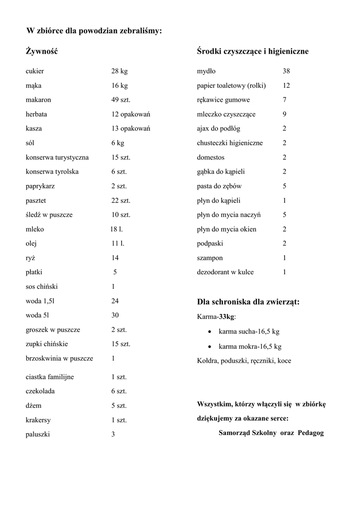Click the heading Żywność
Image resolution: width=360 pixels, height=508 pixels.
point(42,51)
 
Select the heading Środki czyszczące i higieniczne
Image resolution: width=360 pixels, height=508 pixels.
point(253,51)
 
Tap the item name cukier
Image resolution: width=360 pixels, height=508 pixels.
point(35,71)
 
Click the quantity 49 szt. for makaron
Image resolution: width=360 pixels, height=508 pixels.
point(121,100)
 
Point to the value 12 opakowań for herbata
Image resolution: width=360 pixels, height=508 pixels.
point(131,114)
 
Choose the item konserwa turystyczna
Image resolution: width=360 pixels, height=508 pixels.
point(57,157)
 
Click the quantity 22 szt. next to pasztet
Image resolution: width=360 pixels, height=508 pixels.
point(121,200)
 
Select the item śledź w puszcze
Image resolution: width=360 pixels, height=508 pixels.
point(49,215)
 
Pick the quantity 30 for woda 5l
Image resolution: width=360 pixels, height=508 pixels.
point(115,316)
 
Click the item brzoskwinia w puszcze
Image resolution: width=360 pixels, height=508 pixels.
point(59,358)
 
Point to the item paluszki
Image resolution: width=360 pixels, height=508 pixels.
point(38,435)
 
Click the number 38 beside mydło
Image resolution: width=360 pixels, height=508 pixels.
point(287,71)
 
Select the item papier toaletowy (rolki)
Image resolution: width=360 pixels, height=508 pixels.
point(231,86)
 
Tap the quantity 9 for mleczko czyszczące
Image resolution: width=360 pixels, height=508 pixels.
point(285,114)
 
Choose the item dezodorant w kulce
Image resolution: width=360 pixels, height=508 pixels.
point(225,272)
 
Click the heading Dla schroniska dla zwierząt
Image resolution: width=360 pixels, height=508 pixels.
point(248,302)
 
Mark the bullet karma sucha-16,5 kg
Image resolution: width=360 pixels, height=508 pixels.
point(249,331)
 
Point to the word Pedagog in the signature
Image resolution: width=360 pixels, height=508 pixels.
point(311,433)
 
